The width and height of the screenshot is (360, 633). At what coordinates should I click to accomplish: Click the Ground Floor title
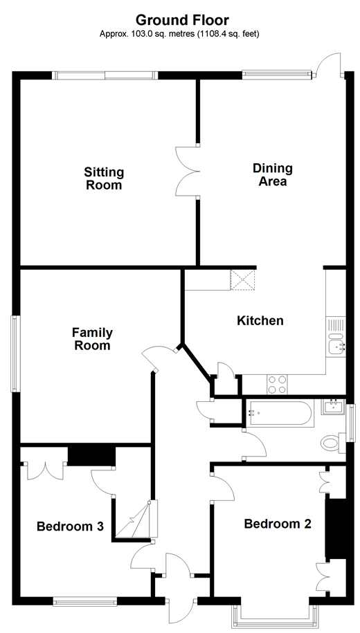point(182,20)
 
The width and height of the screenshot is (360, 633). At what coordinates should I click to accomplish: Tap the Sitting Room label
point(104,178)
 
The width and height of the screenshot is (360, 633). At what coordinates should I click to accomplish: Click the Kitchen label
point(260,321)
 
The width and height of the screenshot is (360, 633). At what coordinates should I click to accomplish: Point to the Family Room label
point(93,339)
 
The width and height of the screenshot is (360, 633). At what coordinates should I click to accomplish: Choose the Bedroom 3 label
point(71,526)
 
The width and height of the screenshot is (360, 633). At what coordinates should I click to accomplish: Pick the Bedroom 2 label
point(278,524)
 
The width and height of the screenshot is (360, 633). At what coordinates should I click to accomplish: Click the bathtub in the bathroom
point(280,412)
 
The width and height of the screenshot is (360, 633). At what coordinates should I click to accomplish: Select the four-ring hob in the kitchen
point(277,385)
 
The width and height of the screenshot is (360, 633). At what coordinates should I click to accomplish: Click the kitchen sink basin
point(336,345)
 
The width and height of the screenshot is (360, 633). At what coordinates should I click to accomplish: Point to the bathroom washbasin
point(333,407)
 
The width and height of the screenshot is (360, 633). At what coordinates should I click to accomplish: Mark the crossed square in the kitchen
point(243,280)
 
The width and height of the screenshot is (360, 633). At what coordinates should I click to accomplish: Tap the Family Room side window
point(15,354)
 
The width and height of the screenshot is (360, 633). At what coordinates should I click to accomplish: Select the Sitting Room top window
point(105,75)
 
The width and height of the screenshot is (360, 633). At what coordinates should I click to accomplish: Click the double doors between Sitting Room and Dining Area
point(188,171)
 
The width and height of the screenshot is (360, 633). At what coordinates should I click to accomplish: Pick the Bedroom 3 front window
point(85,601)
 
